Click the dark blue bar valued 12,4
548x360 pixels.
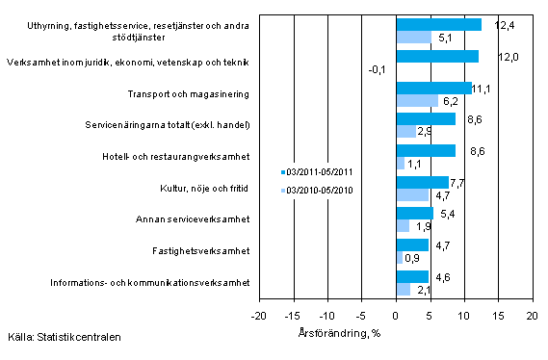pos(438,25)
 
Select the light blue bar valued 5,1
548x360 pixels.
pos(413,38)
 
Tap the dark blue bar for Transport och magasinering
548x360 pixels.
pos(433,89)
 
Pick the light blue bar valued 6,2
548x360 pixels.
pos(417,101)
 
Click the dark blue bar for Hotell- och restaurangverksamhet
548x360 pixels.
pos(425,150)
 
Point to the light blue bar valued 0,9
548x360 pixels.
pos(399,257)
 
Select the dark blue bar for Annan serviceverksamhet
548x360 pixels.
pos(414,213)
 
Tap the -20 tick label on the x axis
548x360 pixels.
pos(259,316)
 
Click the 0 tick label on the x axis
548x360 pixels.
pos(396,316)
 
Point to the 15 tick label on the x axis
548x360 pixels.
pos(498,316)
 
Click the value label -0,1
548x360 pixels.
pos(378,69)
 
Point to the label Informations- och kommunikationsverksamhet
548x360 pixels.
pos(153,283)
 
